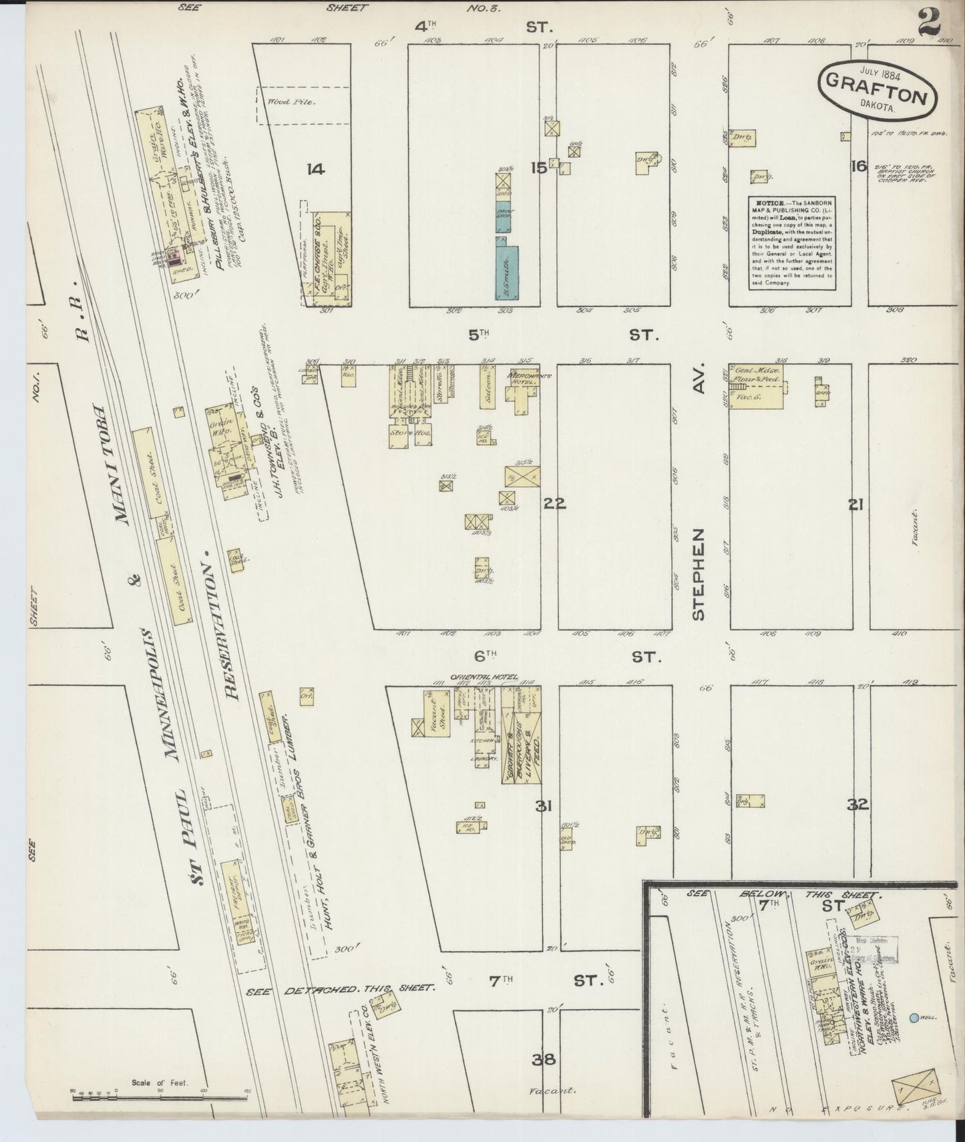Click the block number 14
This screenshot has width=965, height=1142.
(x=315, y=169)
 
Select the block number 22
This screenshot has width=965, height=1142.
(x=554, y=504)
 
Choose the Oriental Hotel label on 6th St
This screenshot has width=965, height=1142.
(x=484, y=677)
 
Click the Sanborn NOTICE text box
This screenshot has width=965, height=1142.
(x=792, y=242)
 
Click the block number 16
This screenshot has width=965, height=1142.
(x=858, y=166)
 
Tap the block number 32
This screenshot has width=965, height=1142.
(x=857, y=805)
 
